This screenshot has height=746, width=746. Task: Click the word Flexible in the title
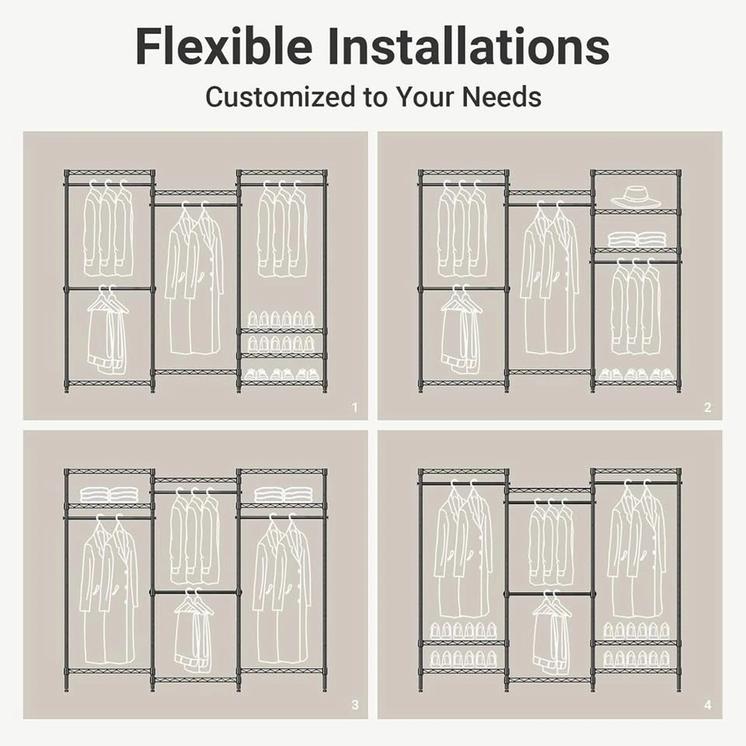pyautogui.click(x=224, y=46)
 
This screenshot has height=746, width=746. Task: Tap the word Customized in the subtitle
pyautogui.click(x=281, y=96)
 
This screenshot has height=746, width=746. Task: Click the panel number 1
pyautogui.click(x=354, y=408)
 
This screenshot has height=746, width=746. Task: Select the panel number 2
pyautogui.click(x=707, y=408)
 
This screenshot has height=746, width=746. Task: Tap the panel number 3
pyautogui.click(x=354, y=705)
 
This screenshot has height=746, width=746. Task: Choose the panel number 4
pyautogui.click(x=707, y=705)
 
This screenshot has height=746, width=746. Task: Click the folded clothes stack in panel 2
pyautogui.click(x=635, y=239)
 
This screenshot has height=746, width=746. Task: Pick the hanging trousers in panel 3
pyautogui.click(x=194, y=630)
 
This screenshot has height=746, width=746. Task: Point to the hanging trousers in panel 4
pyautogui.click(x=552, y=632)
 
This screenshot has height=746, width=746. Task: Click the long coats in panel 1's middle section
pyautogui.click(x=194, y=278)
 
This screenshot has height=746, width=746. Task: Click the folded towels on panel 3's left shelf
pyautogui.click(x=109, y=495)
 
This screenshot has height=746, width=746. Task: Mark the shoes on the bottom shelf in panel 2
pyautogui.click(x=635, y=375)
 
